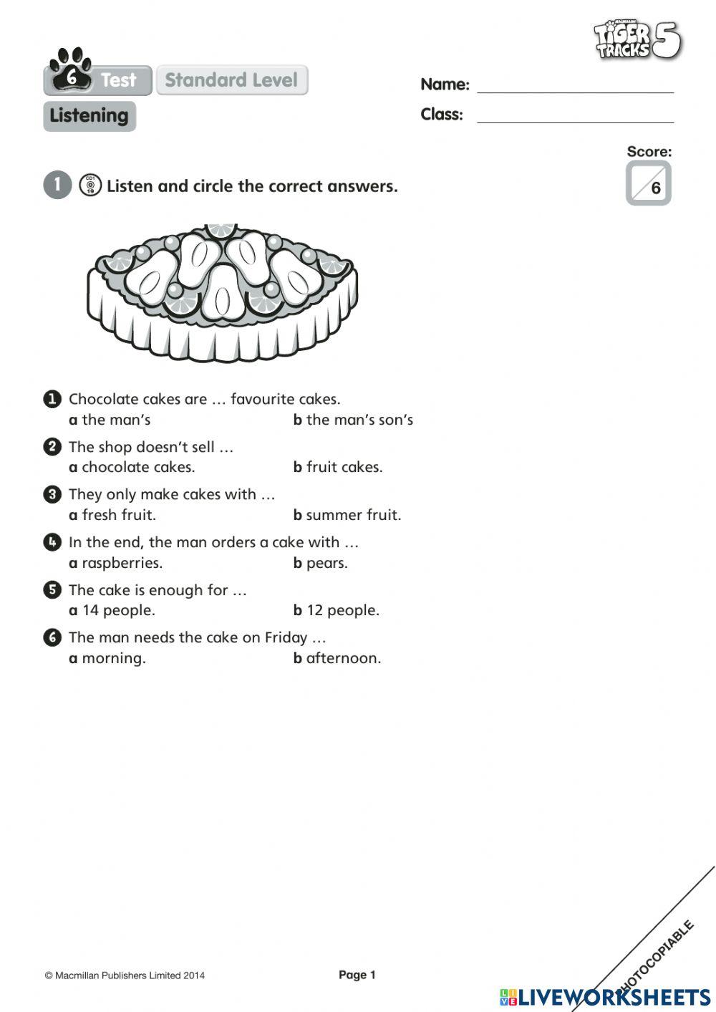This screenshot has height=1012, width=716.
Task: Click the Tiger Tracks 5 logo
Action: click(x=637, y=40)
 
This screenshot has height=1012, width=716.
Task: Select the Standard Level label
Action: click(x=231, y=80)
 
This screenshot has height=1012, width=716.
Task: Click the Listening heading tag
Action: click(x=89, y=116)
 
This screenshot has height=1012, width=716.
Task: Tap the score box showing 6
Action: click(x=648, y=183)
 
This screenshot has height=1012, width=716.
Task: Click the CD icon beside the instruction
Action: click(x=90, y=185)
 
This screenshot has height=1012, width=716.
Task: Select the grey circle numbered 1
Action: click(x=57, y=185)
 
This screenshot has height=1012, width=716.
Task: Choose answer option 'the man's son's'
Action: click(x=359, y=420)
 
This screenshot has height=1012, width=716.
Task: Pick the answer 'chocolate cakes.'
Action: click(x=137, y=467)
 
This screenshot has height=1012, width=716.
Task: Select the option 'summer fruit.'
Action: click(x=353, y=515)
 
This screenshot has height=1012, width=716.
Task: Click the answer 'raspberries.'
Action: click(x=122, y=563)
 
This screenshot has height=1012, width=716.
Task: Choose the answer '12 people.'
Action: click(x=342, y=610)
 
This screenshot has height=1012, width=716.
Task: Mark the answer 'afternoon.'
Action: click(x=343, y=658)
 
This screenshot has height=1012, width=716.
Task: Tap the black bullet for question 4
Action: click(x=52, y=542)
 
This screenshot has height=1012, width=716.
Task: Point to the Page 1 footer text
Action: click(x=357, y=975)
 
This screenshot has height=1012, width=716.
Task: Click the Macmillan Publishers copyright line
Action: click(x=125, y=975)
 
